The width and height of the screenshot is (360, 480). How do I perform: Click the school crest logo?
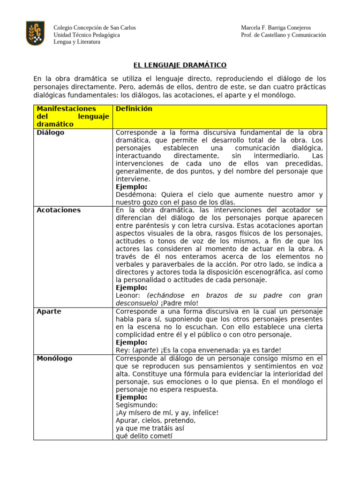(35, 33)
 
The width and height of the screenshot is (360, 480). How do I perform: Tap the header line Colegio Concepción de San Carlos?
(95, 28)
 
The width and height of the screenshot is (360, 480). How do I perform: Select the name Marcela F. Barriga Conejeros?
(276, 28)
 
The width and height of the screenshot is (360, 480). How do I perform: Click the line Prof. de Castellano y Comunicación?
(283, 35)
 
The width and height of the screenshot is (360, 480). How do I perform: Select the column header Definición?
(134, 109)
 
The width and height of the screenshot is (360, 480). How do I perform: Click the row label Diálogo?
(51, 133)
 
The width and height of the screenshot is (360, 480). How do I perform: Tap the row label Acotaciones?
(59, 210)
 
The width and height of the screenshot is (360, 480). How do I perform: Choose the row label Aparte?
(49, 311)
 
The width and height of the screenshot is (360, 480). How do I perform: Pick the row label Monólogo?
(54, 359)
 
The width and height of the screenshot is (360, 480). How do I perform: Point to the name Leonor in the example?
(129, 295)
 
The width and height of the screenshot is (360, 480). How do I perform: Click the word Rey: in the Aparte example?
(123, 350)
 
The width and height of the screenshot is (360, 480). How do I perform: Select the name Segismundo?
(137, 405)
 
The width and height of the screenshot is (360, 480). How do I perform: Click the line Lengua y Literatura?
(77, 42)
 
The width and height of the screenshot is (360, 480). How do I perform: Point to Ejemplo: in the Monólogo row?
(131, 397)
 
